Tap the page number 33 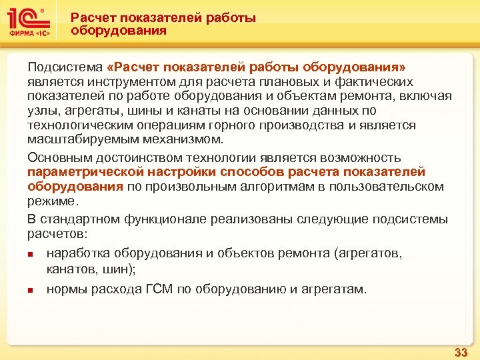(460, 351)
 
